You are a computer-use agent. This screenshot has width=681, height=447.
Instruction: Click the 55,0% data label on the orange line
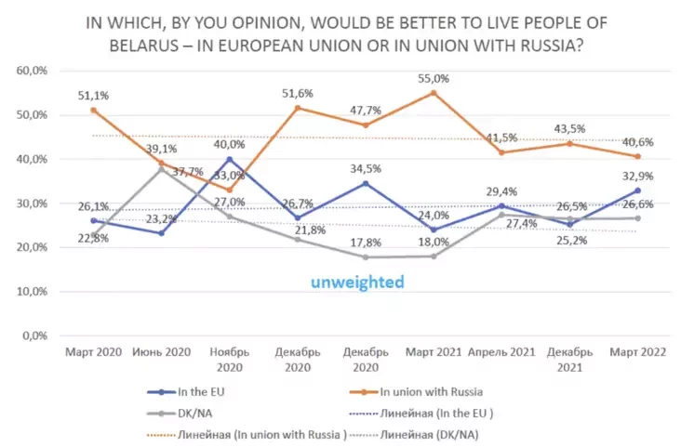pos(433,80)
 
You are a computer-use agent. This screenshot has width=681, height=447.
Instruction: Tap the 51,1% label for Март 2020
pos(94,95)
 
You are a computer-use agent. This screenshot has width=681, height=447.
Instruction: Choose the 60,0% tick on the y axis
pos(33,71)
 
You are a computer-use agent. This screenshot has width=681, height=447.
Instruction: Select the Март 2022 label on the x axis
pos(637,352)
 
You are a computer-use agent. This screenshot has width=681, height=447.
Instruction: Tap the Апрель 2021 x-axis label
pos(503,352)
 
